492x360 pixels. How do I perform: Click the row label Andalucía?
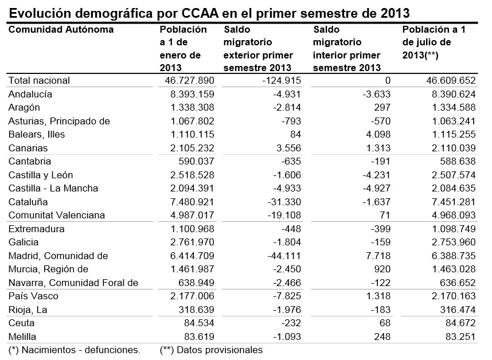coord(30,94)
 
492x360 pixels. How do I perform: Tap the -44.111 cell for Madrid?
coord(281,256)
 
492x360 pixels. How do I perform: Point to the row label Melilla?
coord(22,336)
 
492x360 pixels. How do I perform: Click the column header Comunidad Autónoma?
coord(61,30)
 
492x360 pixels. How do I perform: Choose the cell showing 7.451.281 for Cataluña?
coord(451,202)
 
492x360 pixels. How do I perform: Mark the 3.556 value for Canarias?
coord(288,148)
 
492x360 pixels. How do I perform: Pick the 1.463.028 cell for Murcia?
coord(451,269)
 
